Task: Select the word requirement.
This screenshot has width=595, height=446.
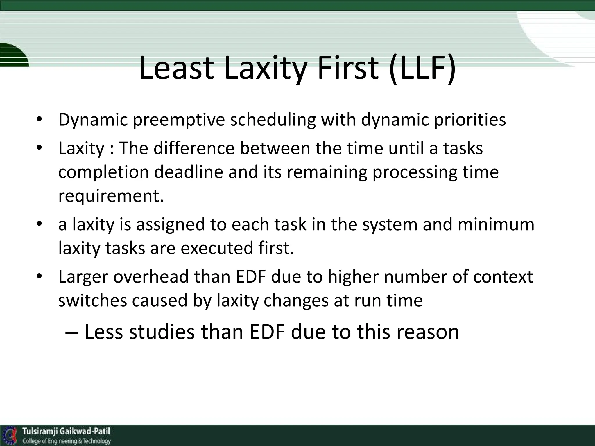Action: [x=111, y=196]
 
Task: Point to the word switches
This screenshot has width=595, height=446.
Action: [x=92, y=301]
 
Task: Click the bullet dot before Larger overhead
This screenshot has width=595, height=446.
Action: [x=40, y=276]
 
